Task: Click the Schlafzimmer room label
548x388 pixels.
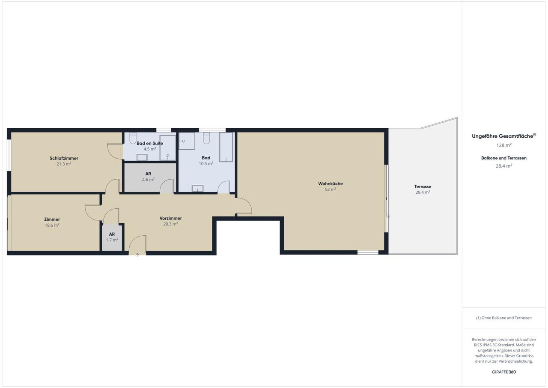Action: point(64,158)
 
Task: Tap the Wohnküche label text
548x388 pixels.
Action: point(331,183)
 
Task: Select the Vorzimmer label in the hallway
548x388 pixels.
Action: point(170,218)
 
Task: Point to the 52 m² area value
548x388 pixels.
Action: point(331,189)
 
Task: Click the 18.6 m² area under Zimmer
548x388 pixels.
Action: point(52,225)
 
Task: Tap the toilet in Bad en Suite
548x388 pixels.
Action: point(133,138)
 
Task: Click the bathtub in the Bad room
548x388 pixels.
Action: point(226,147)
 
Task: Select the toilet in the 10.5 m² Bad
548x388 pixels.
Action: point(206,138)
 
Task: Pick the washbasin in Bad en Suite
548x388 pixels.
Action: point(142,157)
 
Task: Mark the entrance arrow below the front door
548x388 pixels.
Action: point(137,255)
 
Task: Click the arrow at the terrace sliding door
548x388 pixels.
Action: point(388,216)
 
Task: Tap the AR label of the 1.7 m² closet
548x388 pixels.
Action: point(112,235)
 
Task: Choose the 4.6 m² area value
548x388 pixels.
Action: point(148,180)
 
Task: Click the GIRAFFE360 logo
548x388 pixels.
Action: point(504,372)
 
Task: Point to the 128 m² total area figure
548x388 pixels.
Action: point(504,145)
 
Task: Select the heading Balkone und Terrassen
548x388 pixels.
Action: point(504,158)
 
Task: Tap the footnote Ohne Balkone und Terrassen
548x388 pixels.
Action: point(504,318)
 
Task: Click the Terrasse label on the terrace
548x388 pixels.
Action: point(423,186)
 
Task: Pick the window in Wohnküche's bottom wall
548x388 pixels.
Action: point(368,253)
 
